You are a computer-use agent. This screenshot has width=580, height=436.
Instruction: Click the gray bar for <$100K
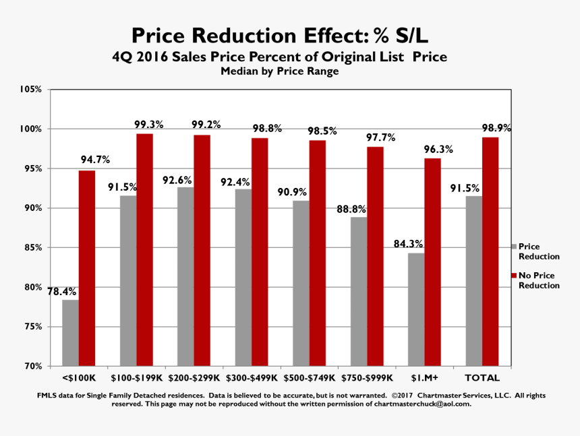pyautogui.click(x=70, y=332)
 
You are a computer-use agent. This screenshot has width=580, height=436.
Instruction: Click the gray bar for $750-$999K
pyautogui.click(x=359, y=291)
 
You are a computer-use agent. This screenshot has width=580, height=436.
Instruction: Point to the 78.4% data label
pyautogui.click(x=61, y=292)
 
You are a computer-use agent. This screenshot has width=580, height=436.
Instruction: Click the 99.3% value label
pyautogui.click(x=148, y=125)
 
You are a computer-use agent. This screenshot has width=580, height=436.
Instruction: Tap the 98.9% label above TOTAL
pyautogui.click(x=496, y=128)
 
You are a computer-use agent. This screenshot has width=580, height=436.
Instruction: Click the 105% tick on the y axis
pyautogui.click(x=31, y=89)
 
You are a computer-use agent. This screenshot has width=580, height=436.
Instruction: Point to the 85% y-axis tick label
pyautogui.click(x=33, y=247)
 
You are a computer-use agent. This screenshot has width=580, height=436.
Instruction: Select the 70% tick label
pyautogui.click(x=33, y=366)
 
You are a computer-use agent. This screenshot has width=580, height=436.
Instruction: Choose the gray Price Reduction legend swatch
pyautogui.click(x=513, y=247)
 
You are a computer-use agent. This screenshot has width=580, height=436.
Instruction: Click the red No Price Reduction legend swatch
pyautogui.click(x=513, y=276)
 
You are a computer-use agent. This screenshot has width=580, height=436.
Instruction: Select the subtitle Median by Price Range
pyautogui.click(x=279, y=71)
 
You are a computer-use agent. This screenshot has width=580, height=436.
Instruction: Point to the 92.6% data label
pyautogui.click(x=177, y=180)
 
